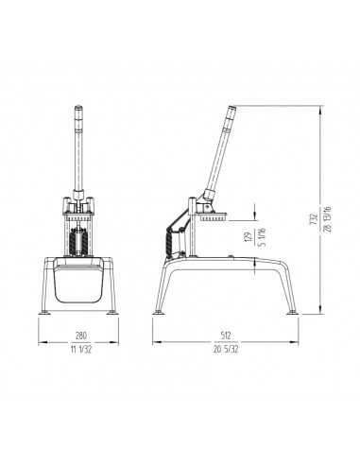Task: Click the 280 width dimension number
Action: pos(81,336)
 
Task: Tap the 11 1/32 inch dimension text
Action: pos(81,350)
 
